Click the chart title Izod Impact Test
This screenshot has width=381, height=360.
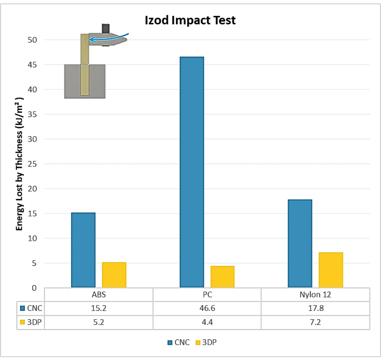pyautogui.click(x=190, y=20)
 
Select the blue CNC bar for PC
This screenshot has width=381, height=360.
pyautogui.click(x=192, y=171)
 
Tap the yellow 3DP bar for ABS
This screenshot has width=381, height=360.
pyautogui.click(x=114, y=275)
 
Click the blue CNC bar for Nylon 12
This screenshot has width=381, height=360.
pyautogui.click(x=300, y=243)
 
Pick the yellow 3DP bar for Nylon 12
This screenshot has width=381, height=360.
pyautogui.click(x=331, y=270)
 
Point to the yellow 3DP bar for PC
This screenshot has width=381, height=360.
pyautogui.click(x=222, y=277)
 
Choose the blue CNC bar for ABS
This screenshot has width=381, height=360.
pyautogui.click(x=83, y=250)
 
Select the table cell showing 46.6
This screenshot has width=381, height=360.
pyautogui.click(x=207, y=308)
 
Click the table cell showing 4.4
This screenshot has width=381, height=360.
pyautogui.click(x=207, y=322)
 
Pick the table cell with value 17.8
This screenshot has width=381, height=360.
pyautogui.click(x=315, y=308)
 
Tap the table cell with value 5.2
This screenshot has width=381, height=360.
pyautogui.click(x=99, y=322)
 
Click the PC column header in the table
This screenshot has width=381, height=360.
pyautogui.click(x=207, y=294)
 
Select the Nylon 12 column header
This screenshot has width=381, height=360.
pyautogui.click(x=315, y=294)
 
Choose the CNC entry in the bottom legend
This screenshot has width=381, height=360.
pyautogui.click(x=179, y=342)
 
